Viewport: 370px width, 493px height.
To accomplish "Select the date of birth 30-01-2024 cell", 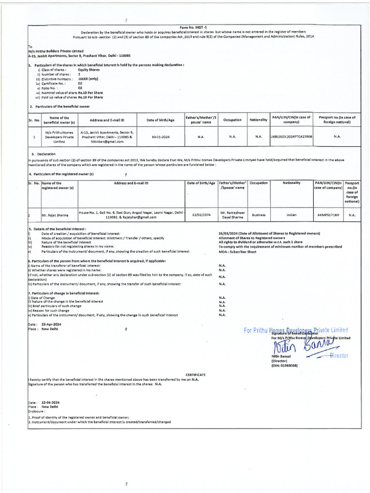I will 159,137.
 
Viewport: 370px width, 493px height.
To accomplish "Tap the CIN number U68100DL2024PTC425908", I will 291,137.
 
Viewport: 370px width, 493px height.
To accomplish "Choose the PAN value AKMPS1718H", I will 327,215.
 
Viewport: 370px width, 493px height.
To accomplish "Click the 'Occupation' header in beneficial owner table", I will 233,119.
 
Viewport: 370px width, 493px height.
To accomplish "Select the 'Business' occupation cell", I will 259,215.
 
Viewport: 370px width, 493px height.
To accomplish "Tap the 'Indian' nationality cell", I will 292,215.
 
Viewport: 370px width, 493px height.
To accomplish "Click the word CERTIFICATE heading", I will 196,374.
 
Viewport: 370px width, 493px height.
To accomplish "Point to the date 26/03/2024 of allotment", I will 229,234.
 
